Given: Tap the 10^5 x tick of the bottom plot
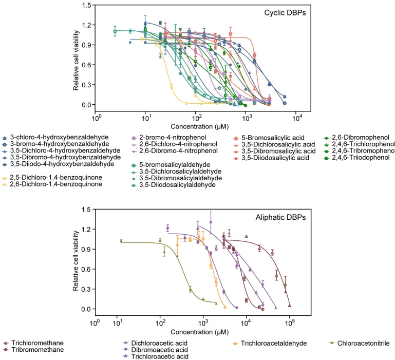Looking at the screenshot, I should coord(290,324).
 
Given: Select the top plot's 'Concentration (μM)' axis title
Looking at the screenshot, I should coord(195,126).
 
